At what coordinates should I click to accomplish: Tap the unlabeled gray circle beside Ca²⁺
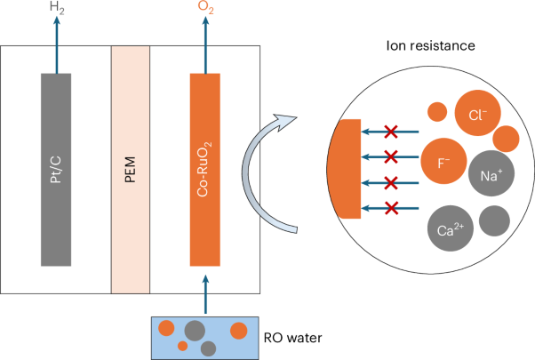pyautogui.click(x=495, y=220)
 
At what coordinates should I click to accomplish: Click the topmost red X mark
pyautogui.click(x=389, y=132)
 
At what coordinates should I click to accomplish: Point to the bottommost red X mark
pyautogui.click(x=389, y=208)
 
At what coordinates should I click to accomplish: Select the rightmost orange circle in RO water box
pyautogui.click(x=238, y=331)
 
